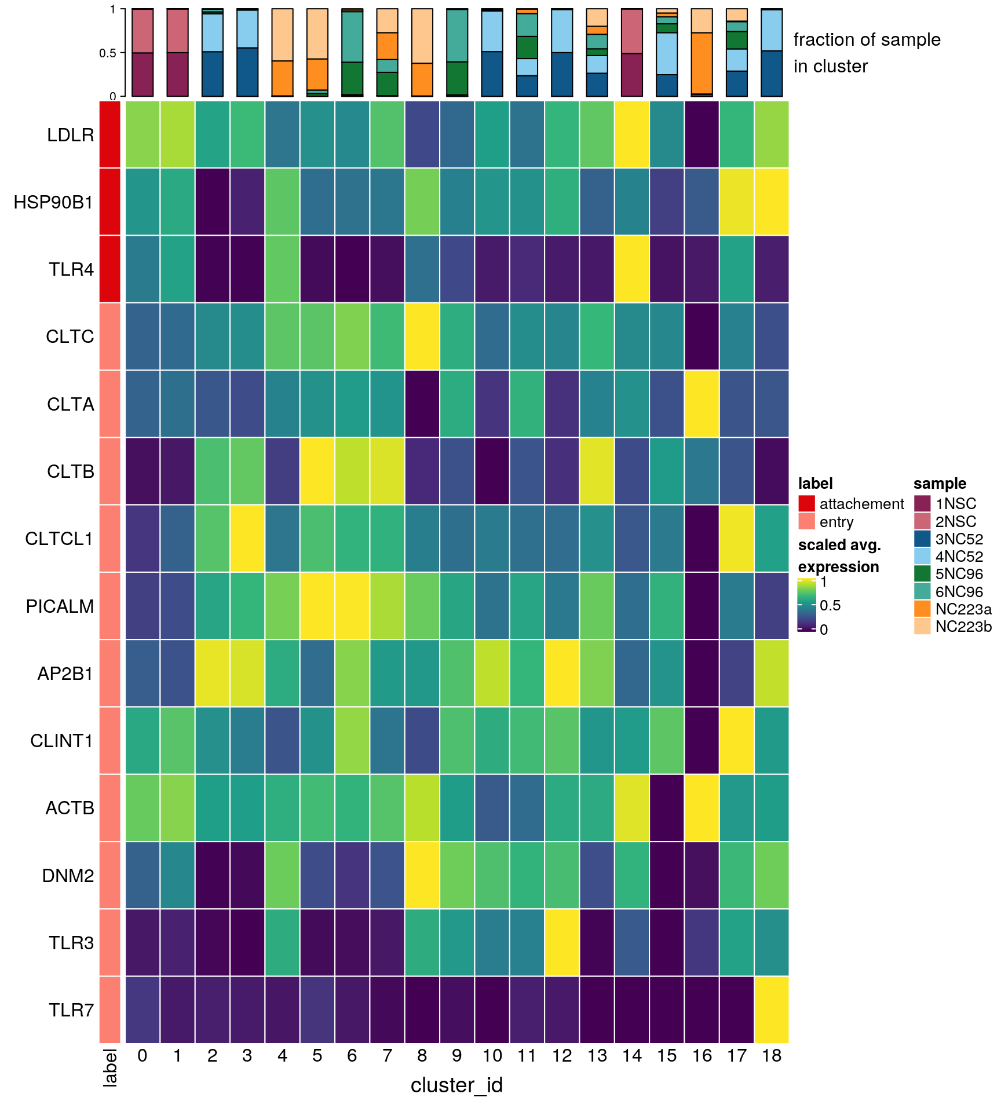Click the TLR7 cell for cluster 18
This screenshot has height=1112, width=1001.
[x=771, y=1009]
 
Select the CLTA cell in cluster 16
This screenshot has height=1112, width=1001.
[x=702, y=404]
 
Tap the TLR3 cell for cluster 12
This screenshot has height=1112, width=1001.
[x=562, y=942]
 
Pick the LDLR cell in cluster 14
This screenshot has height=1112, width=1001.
[x=632, y=134]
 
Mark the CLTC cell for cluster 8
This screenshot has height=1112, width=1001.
[x=422, y=336]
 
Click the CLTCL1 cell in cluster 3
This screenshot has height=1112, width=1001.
[x=247, y=538]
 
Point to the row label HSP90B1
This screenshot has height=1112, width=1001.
[x=53, y=202]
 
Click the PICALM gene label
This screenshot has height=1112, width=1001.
[x=60, y=606]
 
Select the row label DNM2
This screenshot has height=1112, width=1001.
[x=68, y=875]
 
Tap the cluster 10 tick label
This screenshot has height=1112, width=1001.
[x=492, y=1056]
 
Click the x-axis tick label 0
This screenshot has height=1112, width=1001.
[x=143, y=1056]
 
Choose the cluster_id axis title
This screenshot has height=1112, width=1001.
[x=456, y=1085]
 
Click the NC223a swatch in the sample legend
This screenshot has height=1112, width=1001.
[x=922, y=609]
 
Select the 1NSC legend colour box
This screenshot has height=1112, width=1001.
[x=922, y=503]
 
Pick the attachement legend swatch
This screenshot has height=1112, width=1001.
[x=806, y=503]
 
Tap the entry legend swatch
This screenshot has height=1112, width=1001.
[x=806, y=521]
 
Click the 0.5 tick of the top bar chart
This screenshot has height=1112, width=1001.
[x=108, y=53]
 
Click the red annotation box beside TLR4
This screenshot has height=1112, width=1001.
[x=110, y=269]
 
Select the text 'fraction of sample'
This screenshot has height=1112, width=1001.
[x=867, y=40]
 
